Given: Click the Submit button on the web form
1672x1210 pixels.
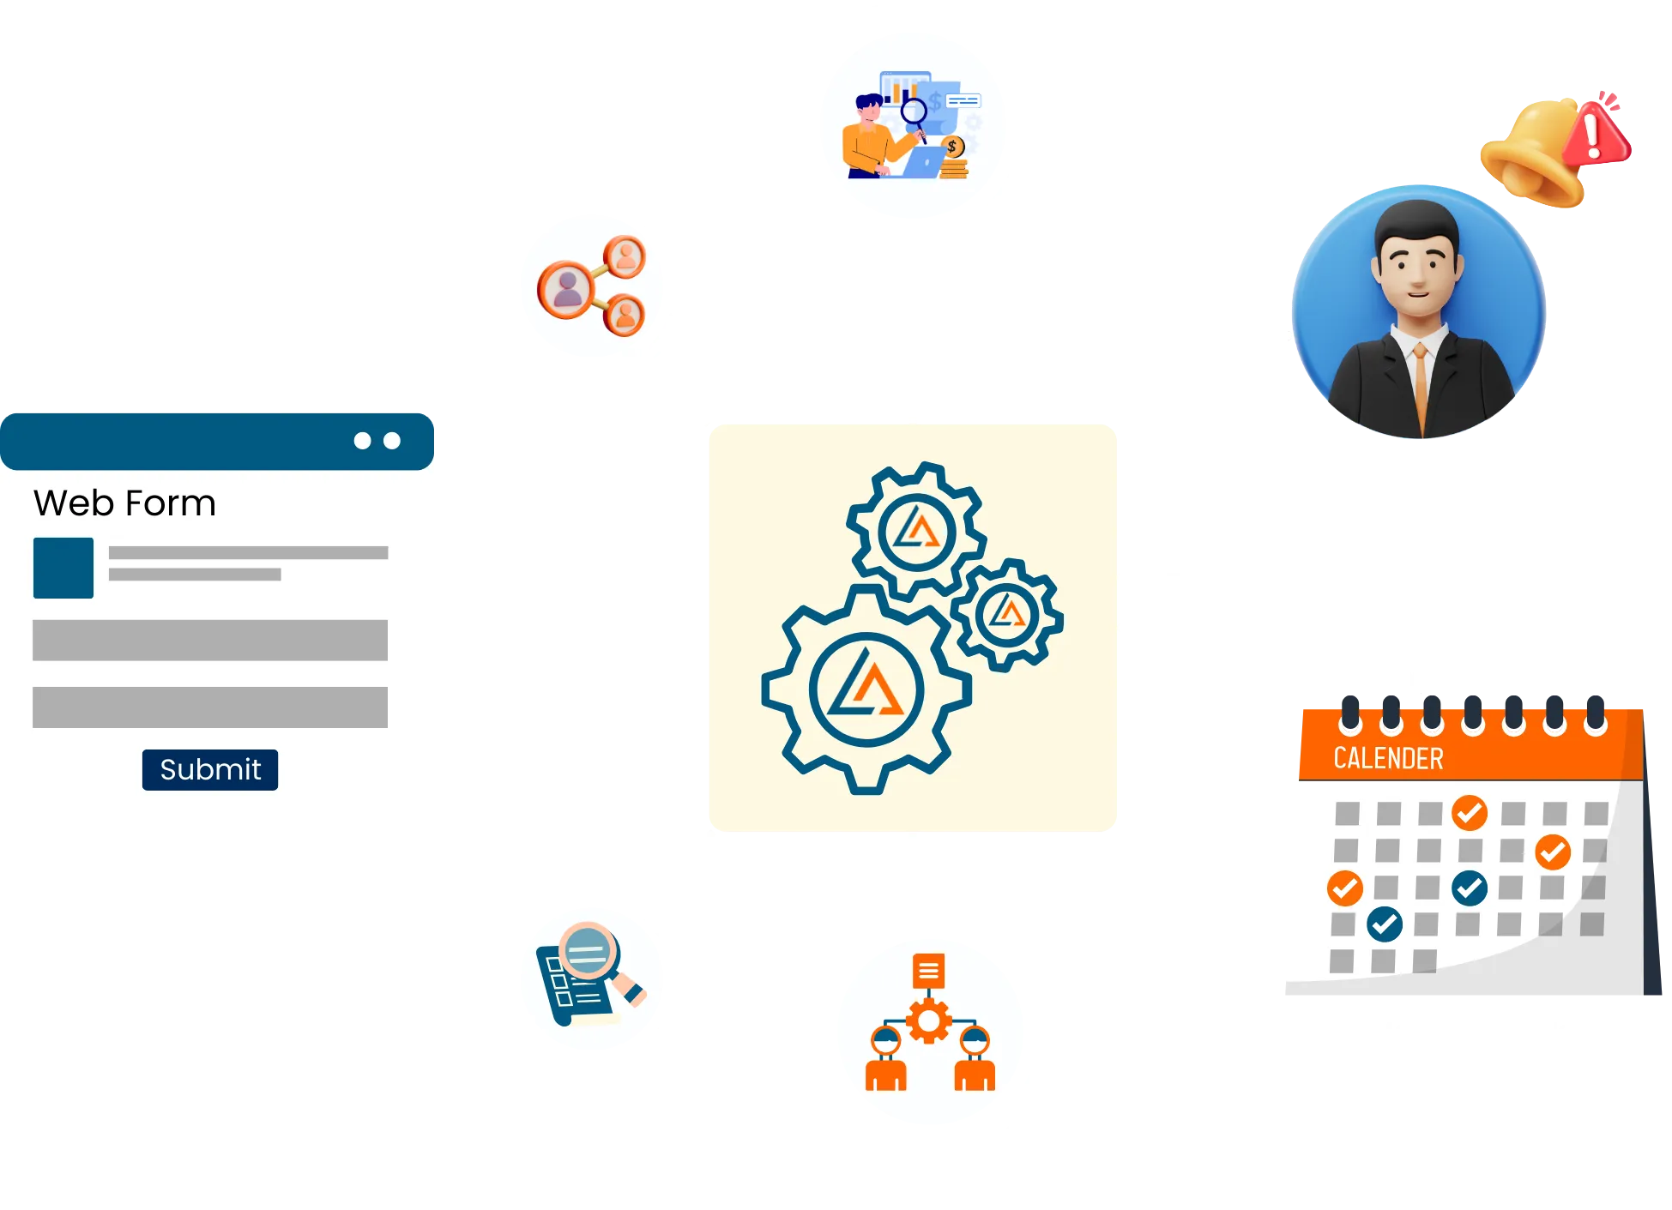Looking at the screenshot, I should (210, 769).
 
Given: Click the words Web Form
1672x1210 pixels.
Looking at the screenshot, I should (124, 503).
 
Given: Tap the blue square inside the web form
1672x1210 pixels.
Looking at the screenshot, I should (63, 568).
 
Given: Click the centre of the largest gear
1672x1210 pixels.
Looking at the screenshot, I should (866, 689).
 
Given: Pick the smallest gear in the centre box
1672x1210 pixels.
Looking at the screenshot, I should (1007, 614).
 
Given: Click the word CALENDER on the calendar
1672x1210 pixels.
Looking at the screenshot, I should (1388, 759).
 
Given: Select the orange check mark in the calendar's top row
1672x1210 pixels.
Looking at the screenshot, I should (1470, 811).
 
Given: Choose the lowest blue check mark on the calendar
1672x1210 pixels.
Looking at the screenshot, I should (1385, 924).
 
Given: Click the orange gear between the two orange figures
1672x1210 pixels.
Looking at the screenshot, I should (928, 1021).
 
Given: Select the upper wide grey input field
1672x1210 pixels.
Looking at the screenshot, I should (210, 640).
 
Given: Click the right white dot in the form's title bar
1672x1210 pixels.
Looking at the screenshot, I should (392, 441).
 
